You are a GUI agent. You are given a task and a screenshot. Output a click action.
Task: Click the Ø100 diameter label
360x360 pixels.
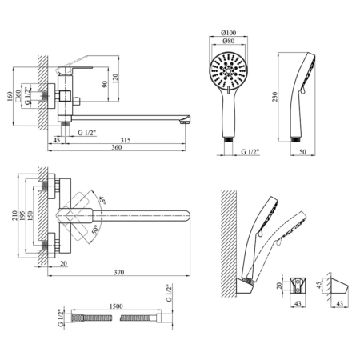(229, 33)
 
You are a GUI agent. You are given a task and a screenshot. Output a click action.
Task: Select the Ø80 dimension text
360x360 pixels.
(229, 41)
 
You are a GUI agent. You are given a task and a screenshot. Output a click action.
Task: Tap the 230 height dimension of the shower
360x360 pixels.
(275, 97)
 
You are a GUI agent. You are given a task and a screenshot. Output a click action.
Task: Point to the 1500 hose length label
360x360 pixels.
(116, 306)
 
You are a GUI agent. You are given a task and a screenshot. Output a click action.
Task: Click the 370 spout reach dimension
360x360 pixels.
(119, 272)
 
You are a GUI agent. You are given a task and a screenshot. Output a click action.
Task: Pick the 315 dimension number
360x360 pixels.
(126, 140)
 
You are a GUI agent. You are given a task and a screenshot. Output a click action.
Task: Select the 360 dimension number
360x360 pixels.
(117, 147)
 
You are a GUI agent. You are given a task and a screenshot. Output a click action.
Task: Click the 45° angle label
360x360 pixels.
(102, 200)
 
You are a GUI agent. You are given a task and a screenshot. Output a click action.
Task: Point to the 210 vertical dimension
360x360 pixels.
(14, 215)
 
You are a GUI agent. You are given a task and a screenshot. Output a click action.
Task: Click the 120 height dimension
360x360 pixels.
(115, 78)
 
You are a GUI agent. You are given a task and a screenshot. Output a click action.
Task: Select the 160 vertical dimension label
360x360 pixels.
(10, 97)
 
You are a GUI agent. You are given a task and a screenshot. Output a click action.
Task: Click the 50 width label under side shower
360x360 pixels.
(302, 152)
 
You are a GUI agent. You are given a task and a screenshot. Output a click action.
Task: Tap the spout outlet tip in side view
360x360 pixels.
(186, 122)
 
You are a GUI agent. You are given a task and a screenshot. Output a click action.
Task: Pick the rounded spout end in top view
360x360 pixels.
(188, 216)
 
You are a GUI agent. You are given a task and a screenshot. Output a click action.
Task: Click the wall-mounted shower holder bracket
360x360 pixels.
(245, 286)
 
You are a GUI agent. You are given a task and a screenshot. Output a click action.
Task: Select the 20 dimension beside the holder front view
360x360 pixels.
(279, 286)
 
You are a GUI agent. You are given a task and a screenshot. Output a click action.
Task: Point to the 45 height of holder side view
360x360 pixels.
(318, 285)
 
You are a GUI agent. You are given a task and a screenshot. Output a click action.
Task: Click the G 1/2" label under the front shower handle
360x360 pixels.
(250, 152)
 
